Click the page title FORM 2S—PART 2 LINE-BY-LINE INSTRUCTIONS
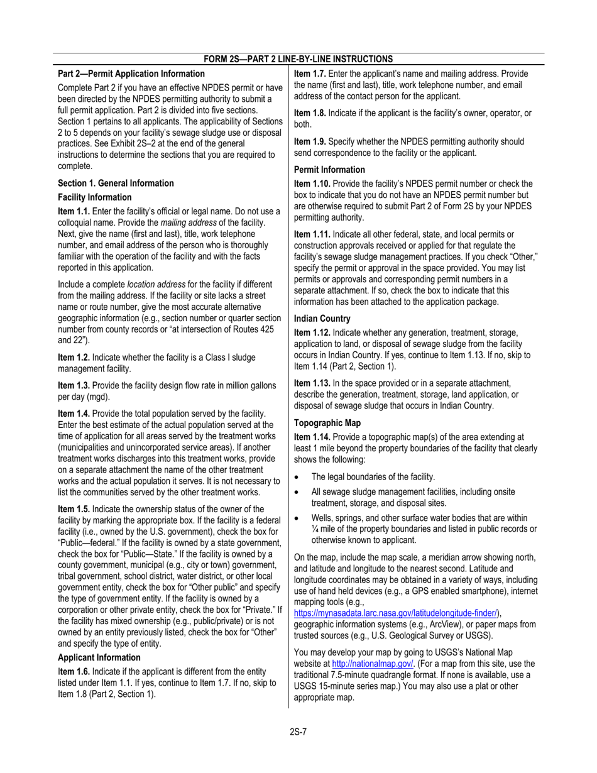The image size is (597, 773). pyautogui.click(x=298, y=59)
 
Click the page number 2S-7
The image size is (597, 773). pyautogui.click(x=298, y=730)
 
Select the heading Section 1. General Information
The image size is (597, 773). pyautogui.click(x=116, y=183)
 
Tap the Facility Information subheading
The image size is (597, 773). pyautogui.click(x=96, y=197)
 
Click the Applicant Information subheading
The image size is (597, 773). pyautogui.click(x=99, y=657)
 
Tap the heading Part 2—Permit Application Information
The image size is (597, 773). pyautogui.click(x=131, y=74)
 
